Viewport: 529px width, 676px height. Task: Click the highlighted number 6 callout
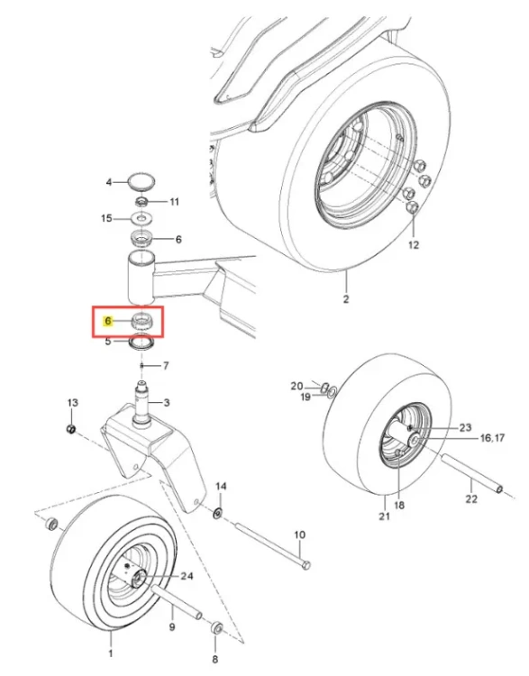click(108, 321)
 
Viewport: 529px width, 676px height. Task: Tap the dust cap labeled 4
click(141, 180)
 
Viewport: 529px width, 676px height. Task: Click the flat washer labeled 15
click(141, 219)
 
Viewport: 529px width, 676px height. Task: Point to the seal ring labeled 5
click(141, 343)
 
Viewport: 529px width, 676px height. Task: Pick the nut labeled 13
click(71, 429)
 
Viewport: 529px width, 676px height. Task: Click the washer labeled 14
click(218, 513)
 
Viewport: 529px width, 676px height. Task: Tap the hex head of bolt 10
click(306, 565)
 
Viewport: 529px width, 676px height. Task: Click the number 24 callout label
click(187, 577)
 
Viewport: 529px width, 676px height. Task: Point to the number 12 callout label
click(413, 245)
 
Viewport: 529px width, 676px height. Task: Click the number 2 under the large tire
click(346, 298)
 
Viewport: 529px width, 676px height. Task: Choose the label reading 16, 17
click(492, 438)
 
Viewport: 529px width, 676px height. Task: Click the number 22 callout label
click(471, 498)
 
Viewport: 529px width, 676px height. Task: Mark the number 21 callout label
click(384, 516)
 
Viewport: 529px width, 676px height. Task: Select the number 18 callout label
click(399, 505)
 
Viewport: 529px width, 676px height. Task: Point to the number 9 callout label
click(171, 626)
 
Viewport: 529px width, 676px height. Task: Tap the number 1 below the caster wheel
click(110, 653)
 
